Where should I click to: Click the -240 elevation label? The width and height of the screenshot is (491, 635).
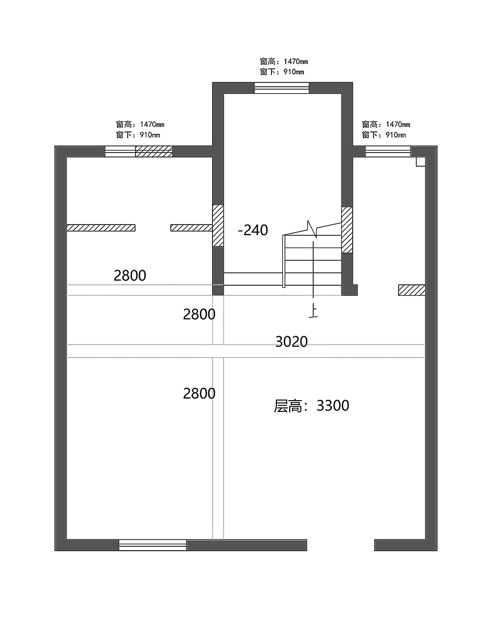[253, 230]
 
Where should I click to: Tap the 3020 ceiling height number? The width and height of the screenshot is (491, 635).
[292, 341]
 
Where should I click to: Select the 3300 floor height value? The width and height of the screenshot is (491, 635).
[333, 406]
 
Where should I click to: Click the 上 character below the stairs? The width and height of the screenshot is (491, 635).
[313, 311]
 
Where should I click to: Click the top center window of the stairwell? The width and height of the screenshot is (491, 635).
[281, 88]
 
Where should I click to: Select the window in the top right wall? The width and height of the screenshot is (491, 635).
[388, 152]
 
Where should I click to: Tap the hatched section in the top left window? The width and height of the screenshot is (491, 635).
[154, 152]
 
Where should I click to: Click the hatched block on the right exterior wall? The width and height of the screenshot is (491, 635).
[411, 290]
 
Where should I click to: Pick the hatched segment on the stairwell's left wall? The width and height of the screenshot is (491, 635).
[218, 225]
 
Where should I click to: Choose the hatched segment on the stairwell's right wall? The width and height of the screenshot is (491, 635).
[347, 229]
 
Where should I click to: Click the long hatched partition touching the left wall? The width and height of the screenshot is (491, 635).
[101, 228]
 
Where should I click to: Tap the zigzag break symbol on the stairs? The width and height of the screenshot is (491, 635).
[312, 229]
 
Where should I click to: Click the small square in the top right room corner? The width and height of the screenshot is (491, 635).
[421, 162]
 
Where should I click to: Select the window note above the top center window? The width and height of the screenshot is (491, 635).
[284, 67]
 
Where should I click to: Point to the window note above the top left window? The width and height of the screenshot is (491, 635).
[140, 129]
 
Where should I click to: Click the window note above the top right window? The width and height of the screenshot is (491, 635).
[386, 129]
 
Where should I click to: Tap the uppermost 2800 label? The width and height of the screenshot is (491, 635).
[130, 276]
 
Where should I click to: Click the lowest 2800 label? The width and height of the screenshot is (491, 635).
[199, 393]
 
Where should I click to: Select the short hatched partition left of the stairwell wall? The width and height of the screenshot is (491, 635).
[191, 228]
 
